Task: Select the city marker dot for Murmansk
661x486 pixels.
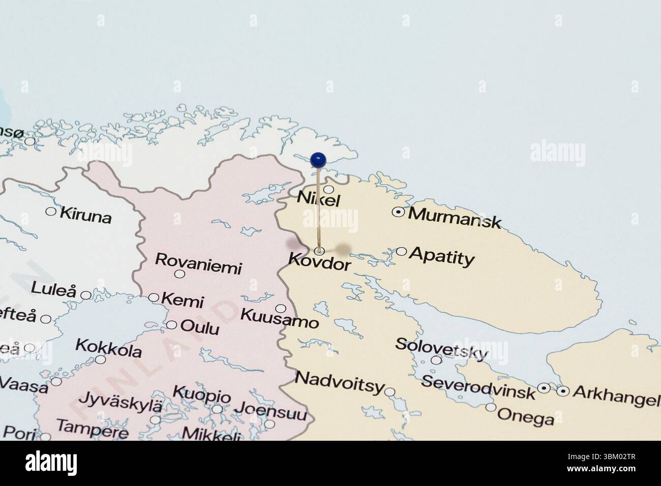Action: coord(399,212)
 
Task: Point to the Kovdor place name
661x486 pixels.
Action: coord(319,262)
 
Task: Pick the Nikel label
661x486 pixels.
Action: coord(318,198)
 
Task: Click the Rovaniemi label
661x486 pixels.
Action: coord(198,263)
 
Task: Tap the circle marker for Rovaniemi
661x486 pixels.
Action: coord(179,274)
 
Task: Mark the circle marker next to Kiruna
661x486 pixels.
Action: coord(51,211)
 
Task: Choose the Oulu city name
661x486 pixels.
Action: coord(200,328)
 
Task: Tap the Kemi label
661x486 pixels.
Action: coord(183,300)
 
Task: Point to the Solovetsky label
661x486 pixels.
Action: coord(442,348)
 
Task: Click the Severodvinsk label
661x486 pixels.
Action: coord(478,386)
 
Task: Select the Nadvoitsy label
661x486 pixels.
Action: coord(339,382)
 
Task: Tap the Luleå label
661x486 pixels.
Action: coord(53,290)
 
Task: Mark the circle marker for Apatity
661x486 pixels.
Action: coord(401,251)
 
